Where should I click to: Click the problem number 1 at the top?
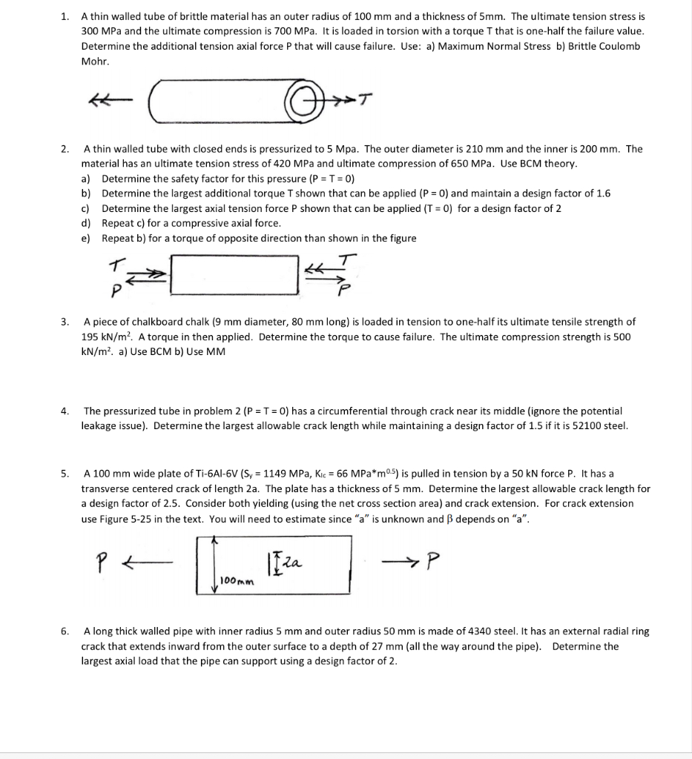[x=65, y=16]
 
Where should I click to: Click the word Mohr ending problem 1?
[x=95, y=61]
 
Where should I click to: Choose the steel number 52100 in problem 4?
[x=585, y=425]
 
